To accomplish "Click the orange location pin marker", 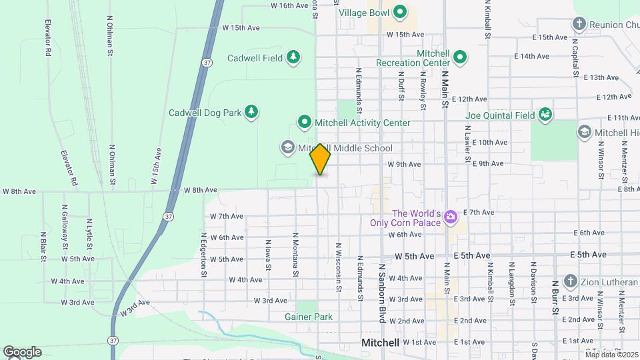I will coord(320,159).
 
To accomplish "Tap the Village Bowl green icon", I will coord(400,12).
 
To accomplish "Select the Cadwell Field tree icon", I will coord(293,58).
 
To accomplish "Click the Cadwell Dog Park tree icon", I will coord(251,112).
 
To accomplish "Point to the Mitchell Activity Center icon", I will coord(305,122).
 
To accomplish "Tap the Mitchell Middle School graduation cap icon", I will coord(288,147).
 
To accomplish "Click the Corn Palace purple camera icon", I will coord(451,216).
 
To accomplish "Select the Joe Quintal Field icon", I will coord(545,115).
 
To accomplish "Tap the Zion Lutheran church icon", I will coord(570,281).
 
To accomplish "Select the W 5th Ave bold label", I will coord(414,255).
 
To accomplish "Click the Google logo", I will coord(21,351).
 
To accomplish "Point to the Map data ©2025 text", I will coord(611,354).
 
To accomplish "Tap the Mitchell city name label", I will coord(380,343).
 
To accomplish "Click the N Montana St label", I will coord(294,255).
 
